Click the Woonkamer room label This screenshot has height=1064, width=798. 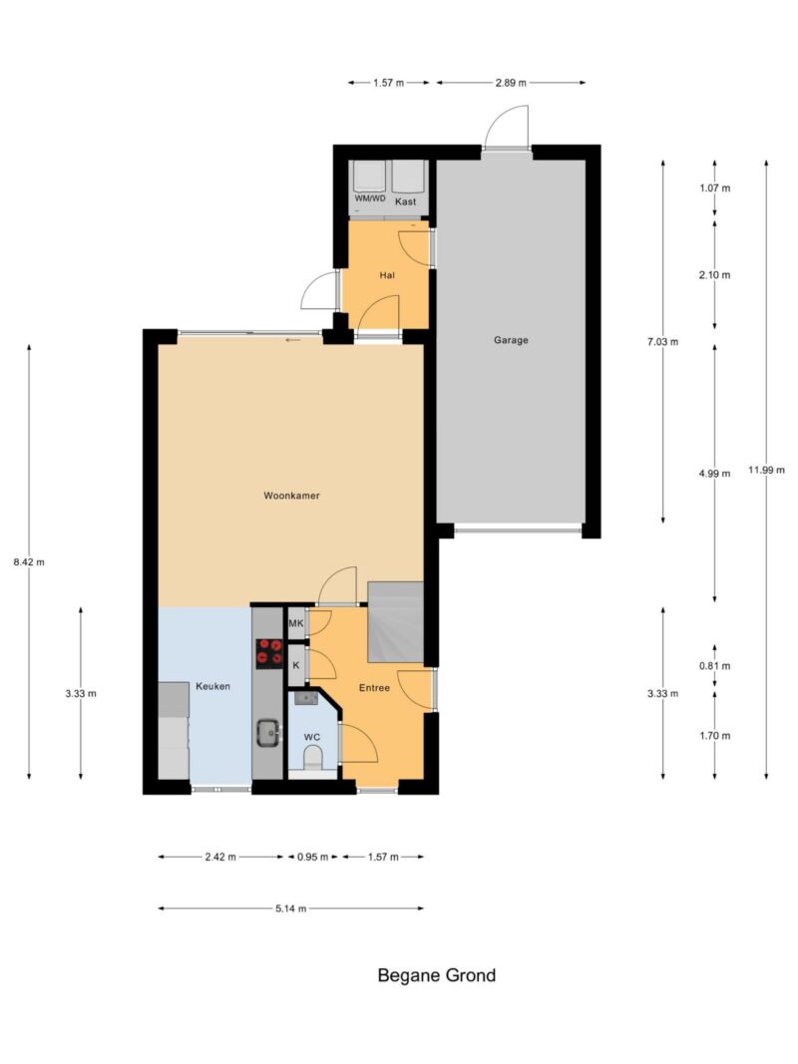pos(291,496)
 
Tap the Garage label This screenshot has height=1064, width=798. pos(511,341)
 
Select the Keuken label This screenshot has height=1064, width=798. pos(213,687)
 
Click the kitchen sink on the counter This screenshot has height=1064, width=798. pos(268,733)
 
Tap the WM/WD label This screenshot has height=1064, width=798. pos(370,198)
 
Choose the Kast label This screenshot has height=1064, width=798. pos(406,201)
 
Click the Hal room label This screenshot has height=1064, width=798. pos(387,275)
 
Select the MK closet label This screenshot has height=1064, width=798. pos(296,623)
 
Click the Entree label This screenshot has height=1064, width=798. pos(375,688)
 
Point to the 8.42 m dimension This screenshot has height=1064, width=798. pos(29,561)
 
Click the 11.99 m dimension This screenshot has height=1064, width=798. pos(767,470)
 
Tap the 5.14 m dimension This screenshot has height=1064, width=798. pos(290,908)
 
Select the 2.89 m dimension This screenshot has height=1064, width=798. pos(511,83)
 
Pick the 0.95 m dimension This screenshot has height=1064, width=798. pos(312,857)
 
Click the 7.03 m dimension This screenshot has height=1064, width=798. pos(663,342)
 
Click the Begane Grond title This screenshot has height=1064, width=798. pos(436,976)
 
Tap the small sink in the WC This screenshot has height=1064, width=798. pos(306,699)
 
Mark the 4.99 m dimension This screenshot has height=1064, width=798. pos(714,474)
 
